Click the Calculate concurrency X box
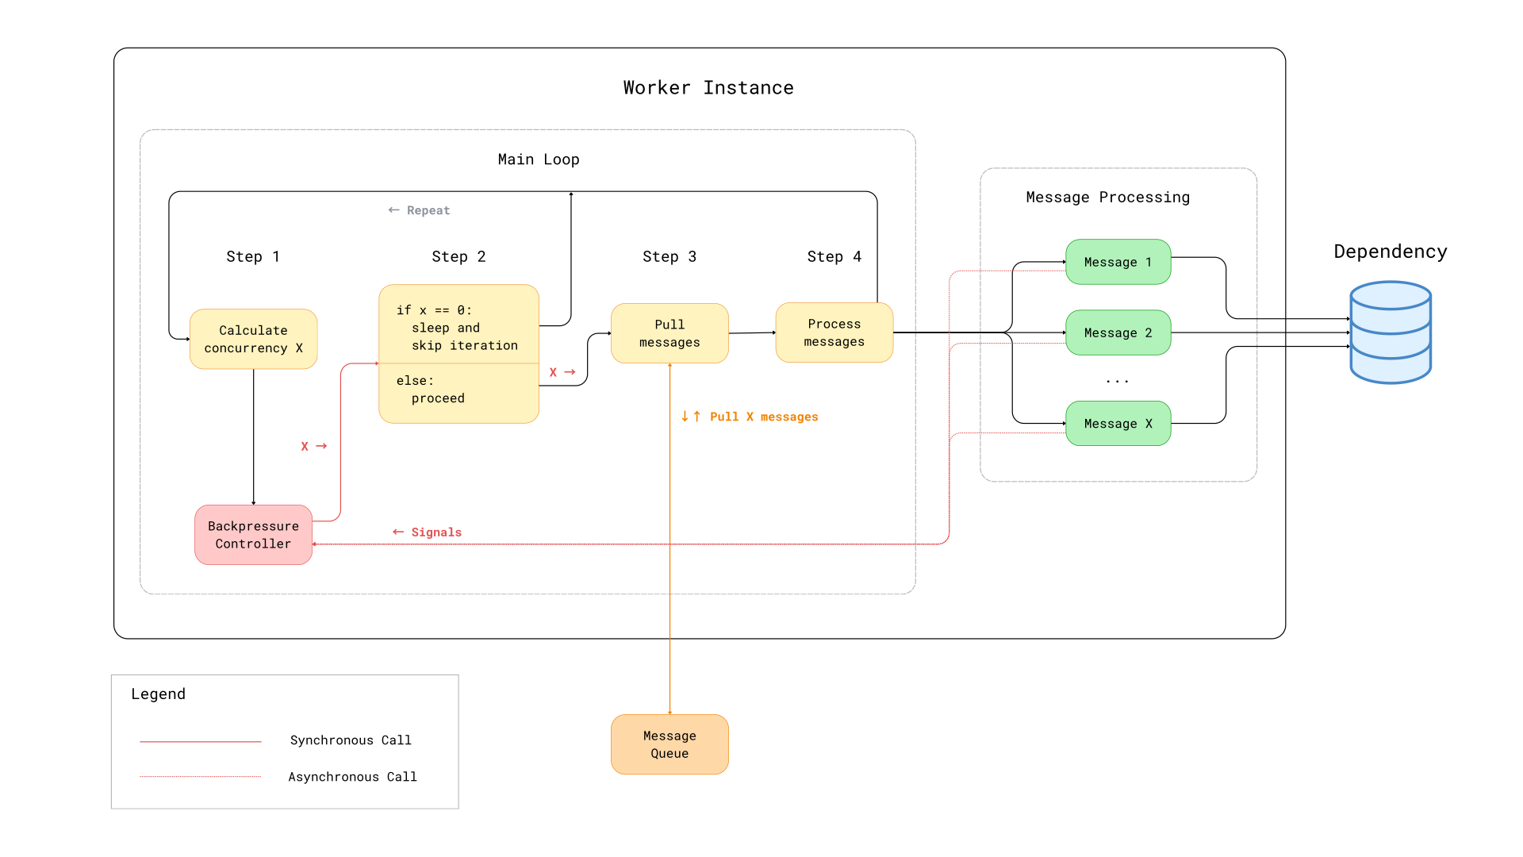[254, 339]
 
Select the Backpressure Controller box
[254, 535]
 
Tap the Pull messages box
[669, 333]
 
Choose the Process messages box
[834, 332]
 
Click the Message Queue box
[669, 744]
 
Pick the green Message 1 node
[1118, 262]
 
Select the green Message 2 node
[1118, 332]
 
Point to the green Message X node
[1118, 424]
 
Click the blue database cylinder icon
[1391, 332]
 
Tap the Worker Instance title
[708, 88]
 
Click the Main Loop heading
[539, 159]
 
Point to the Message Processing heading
[1108, 198]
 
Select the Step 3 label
[669, 256]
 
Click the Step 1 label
[253, 256]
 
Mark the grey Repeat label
[419, 210]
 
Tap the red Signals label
[427, 532]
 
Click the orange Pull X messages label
[750, 417]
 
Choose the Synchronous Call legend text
[351, 740]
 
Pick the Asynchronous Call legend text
[352, 777]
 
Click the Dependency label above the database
[1391, 252]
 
